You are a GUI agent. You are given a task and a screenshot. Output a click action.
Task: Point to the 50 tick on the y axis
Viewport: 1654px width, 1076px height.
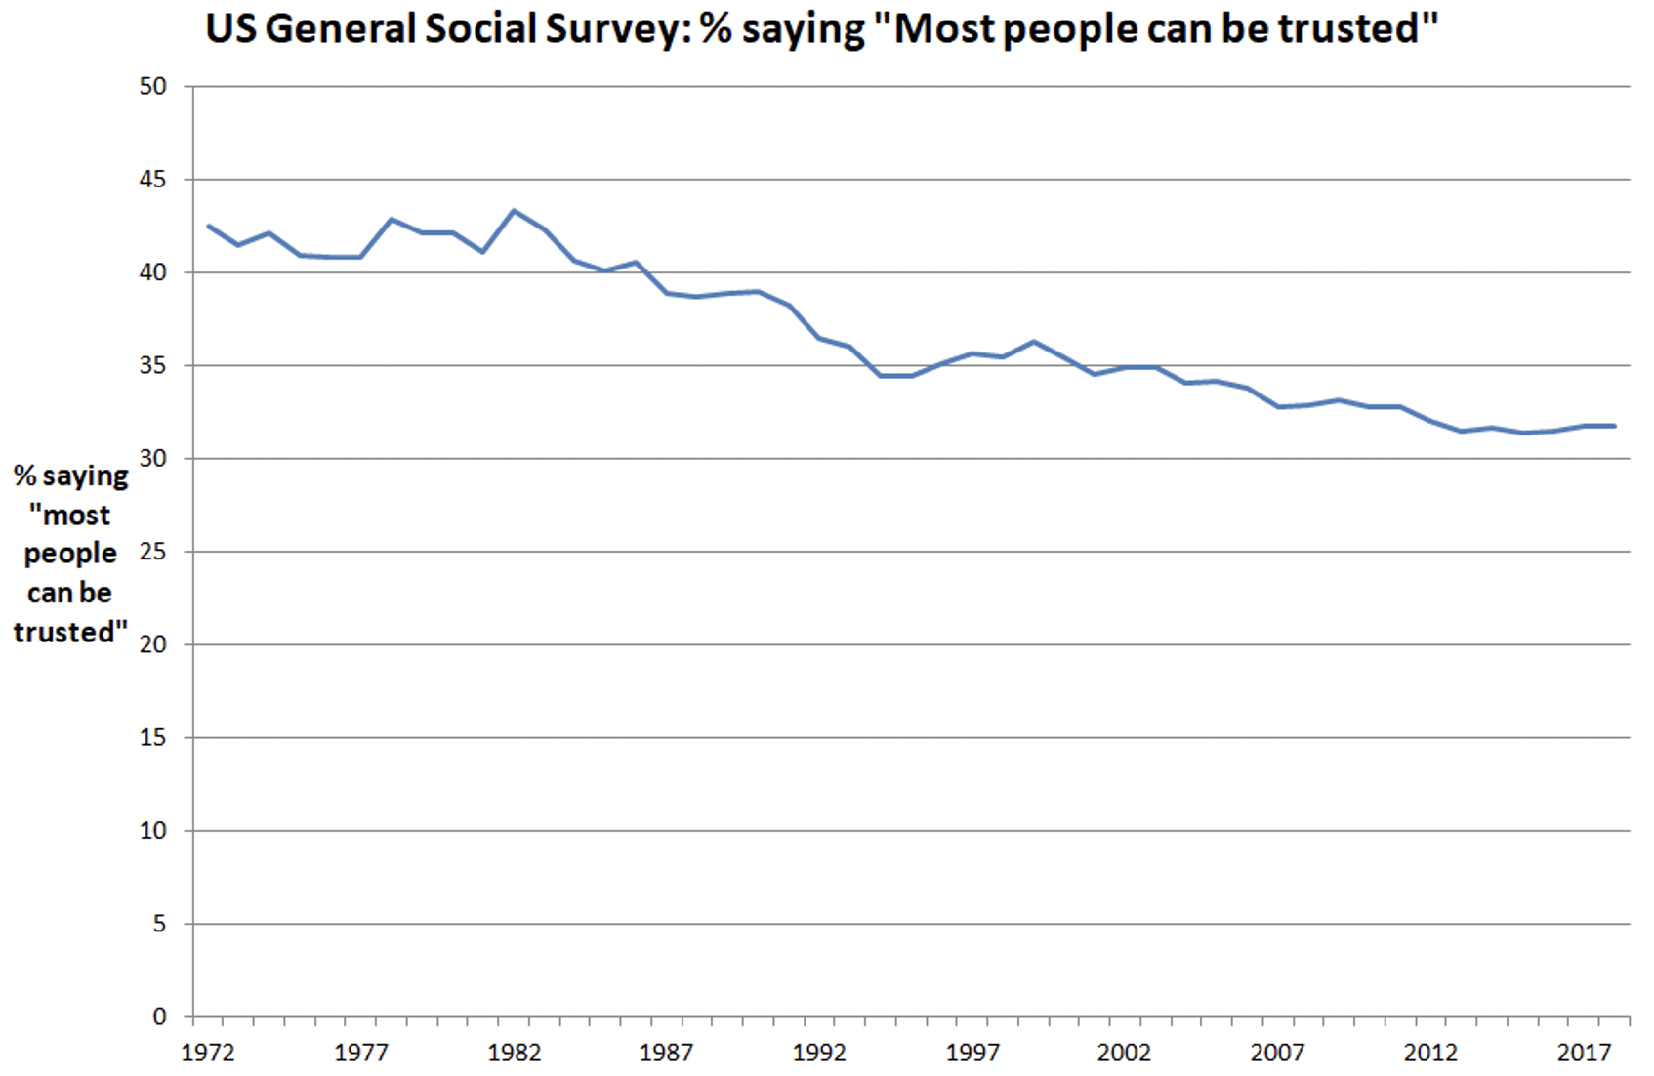coord(153,86)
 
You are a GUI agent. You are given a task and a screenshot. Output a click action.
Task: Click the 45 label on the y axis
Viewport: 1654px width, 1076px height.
coord(153,180)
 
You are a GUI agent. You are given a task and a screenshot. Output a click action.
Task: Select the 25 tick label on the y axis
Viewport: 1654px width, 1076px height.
coord(153,552)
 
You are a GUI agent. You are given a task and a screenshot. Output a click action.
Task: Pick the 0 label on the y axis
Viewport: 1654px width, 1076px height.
coord(159,1016)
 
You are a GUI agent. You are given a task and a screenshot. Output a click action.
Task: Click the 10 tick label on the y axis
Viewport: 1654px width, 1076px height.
coord(153,831)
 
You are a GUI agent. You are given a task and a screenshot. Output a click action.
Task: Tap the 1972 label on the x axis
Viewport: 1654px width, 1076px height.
coord(208,1053)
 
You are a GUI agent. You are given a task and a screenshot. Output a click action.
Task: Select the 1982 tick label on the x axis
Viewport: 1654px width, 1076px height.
coord(514,1053)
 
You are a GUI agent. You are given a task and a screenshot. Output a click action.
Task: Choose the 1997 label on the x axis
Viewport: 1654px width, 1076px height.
coord(972,1053)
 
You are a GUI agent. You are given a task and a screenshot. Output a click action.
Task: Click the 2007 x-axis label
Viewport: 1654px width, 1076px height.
coord(1277,1053)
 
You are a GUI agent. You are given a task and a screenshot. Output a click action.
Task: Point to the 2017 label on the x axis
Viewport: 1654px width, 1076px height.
coord(1584,1053)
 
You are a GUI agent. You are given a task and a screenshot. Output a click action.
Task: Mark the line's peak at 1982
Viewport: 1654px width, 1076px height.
coord(514,210)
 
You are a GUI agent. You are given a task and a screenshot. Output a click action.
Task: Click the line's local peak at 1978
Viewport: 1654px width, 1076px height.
coord(392,219)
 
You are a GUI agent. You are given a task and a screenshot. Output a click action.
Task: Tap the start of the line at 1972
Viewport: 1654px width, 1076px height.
coord(208,226)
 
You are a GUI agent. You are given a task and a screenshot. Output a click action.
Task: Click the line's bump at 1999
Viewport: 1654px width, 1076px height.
coord(1033,342)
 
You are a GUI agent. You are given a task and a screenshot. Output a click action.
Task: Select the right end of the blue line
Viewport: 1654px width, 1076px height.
coord(1614,426)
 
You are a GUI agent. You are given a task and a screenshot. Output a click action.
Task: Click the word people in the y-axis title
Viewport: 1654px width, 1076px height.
coord(70,554)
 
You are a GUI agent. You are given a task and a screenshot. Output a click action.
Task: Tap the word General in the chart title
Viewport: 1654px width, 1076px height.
coord(340,29)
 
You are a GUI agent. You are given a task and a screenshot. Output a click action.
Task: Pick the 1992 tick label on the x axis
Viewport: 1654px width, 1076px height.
coord(819,1053)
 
